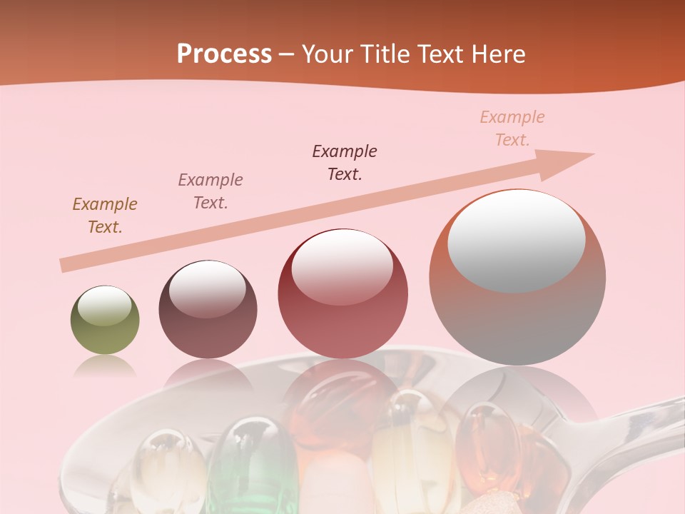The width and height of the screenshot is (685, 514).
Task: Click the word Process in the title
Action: (x=224, y=54)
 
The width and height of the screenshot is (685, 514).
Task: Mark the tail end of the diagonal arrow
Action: (x=66, y=265)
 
